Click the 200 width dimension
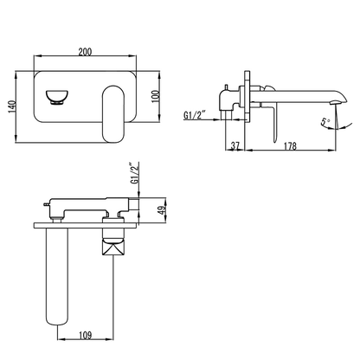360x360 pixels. coord(84,53)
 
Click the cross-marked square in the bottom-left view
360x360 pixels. coord(114,247)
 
